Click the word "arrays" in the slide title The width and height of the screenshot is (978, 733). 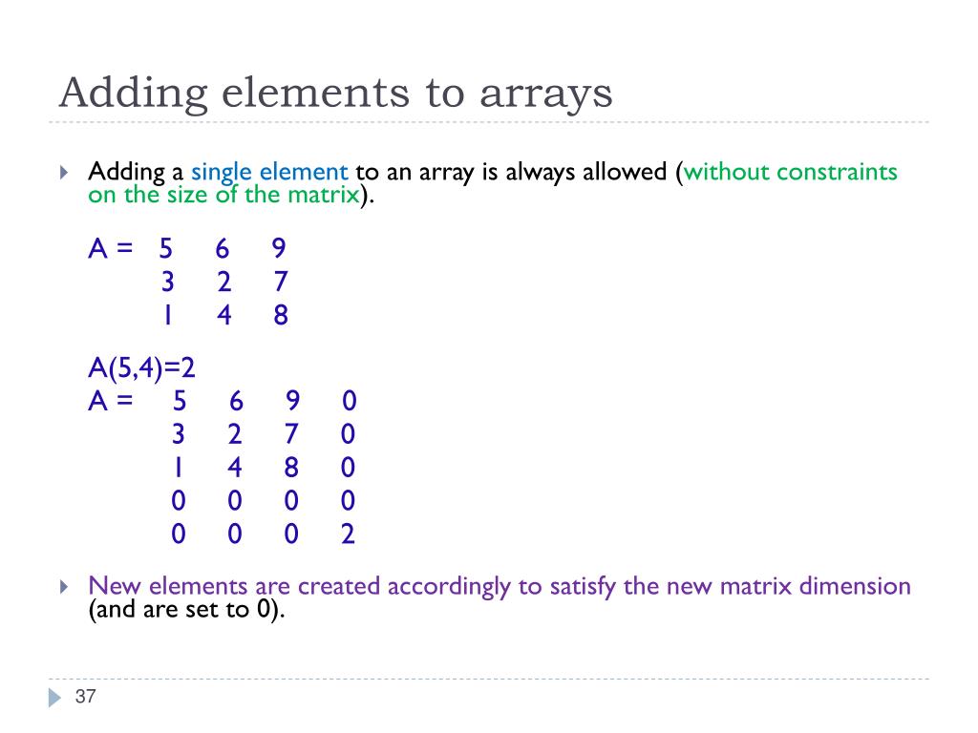click(x=545, y=94)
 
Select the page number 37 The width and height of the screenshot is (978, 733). click(x=85, y=697)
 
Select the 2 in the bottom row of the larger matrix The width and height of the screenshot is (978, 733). click(x=348, y=534)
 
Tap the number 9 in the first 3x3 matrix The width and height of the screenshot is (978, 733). click(x=279, y=249)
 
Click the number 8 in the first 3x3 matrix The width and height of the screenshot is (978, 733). click(x=280, y=316)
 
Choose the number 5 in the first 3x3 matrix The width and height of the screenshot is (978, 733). click(x=166, y=249)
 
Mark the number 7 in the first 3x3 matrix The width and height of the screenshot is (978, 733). click(x=280, y=283)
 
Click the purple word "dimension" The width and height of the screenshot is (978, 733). click(x=856, y=586)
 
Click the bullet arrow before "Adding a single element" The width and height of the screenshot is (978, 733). click(x=64, y=173)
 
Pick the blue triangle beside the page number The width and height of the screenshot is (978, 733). click(x=54, y=698)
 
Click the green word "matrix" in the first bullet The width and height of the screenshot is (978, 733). click(x=325, y=196)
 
